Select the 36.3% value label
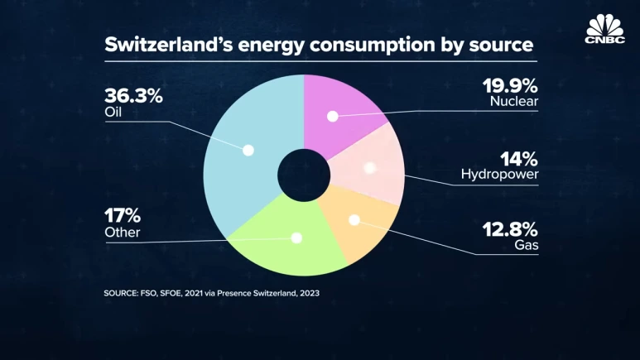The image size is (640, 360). pos(133,95)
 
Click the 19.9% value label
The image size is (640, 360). pos(511,85)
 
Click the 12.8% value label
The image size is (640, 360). pos(511,228)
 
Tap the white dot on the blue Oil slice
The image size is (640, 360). pos(247,150)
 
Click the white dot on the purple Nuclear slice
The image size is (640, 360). pos(333,116)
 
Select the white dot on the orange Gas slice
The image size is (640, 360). pos(354,220)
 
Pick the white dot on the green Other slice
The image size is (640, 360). pos(296,238)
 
